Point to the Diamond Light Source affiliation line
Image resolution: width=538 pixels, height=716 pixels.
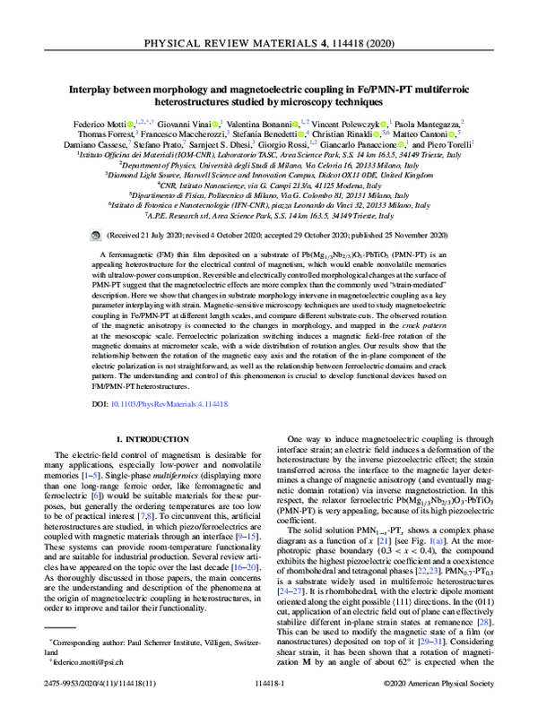[268, 177]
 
